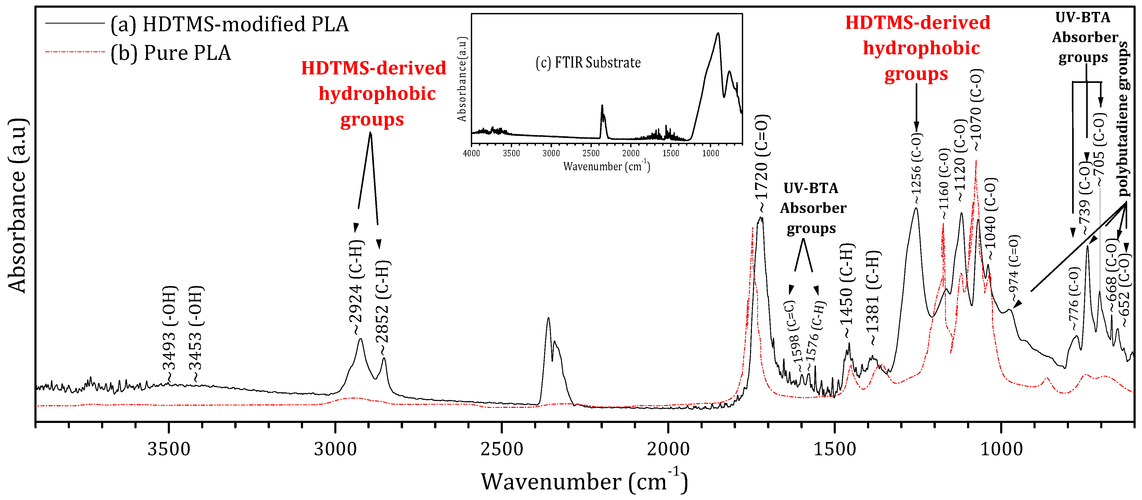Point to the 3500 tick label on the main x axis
(169, 449)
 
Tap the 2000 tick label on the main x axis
(668, 449)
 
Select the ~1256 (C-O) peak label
(916, 169)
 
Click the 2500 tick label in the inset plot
(591, 153)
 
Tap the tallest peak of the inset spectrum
(718, 33)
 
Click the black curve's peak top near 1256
(916, 208)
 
